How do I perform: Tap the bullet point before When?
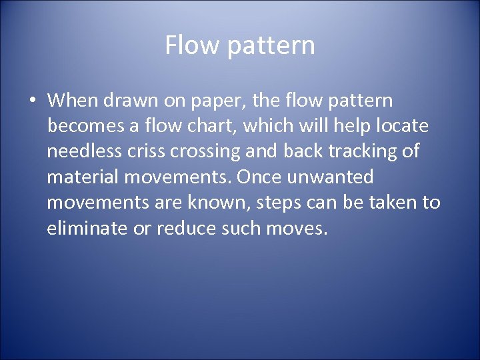pos(33,101)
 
